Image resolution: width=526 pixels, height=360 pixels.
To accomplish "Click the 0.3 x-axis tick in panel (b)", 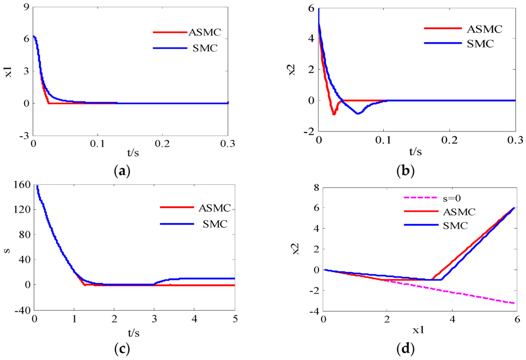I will pyautogui.click(x=514, y=140).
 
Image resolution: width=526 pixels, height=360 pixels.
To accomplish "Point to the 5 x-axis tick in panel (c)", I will pyautogui.click(x=235, y=319).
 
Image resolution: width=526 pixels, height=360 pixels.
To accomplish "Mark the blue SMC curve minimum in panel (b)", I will pyautogui.click(x=358, y=113).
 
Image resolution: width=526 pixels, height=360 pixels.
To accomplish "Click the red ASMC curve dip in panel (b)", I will pyautogui.click(x=334, y=113).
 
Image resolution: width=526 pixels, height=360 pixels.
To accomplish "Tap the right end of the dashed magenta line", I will pyautogui.click(x=514, y=303).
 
